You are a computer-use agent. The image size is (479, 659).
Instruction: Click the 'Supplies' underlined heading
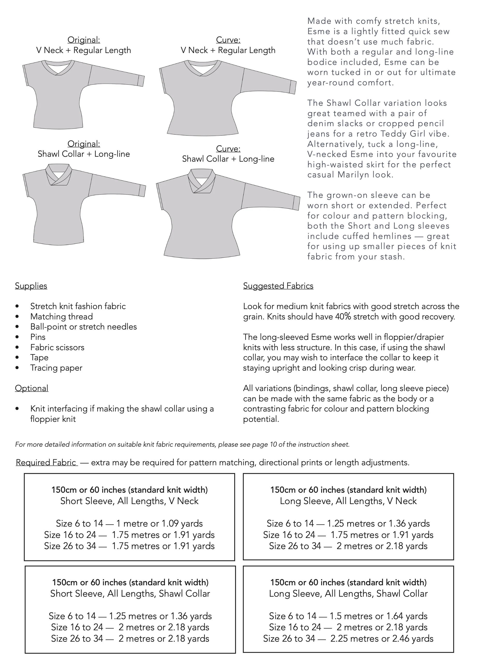[x=31, y=286]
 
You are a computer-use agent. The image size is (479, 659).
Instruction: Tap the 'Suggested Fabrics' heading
[x=278, y=286]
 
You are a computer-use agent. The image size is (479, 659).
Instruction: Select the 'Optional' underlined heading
[x=31, y=388]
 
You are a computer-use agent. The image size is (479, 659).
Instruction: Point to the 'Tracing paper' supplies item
[x=56, y=368]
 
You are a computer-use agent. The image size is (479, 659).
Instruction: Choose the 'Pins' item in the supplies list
[x=38, y=337]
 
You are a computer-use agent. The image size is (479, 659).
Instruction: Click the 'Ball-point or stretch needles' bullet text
[x=84, y=327]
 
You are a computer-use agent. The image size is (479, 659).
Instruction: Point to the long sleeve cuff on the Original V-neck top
[x=141, y=80]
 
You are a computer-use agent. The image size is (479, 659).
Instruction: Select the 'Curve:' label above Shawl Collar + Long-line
[x=228, y=149]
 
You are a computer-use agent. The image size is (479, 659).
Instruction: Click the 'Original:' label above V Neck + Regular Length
[x=84, y=40]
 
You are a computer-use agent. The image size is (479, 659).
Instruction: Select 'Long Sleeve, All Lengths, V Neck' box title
[x=348, y=501]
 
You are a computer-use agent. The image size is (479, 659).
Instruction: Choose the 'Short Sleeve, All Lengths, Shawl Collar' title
[x=130, y=593]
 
